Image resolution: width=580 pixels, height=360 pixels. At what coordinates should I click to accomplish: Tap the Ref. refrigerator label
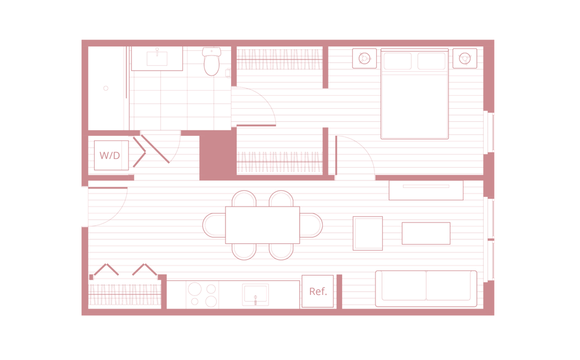pos(318,292)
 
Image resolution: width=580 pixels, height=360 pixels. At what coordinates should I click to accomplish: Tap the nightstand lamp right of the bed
pos(464,57)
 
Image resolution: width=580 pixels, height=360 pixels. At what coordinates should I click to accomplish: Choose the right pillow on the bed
pos(431,60)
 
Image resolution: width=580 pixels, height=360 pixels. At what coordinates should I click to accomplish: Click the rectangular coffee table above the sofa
pos(426,233)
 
